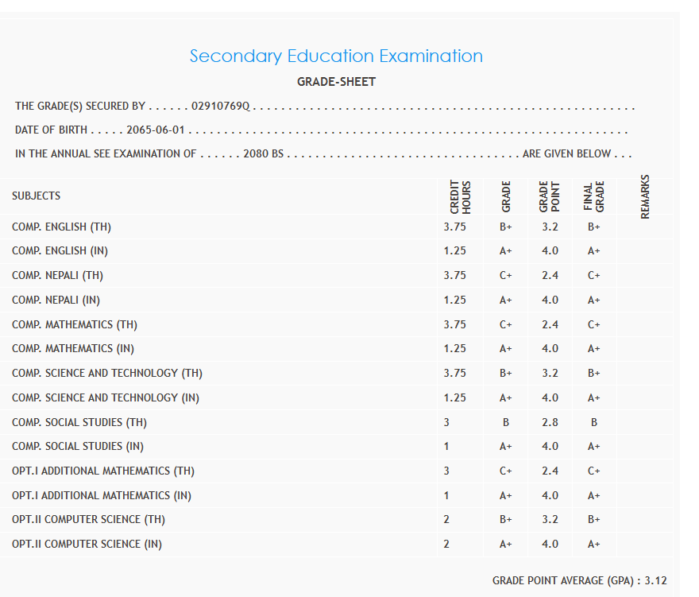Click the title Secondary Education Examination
336,56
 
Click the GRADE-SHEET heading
336,82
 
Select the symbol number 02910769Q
221,107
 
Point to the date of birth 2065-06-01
156,130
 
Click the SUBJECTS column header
37,196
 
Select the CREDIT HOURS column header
461,196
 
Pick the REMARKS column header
645,196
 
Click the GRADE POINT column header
550,196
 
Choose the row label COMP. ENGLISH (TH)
61,227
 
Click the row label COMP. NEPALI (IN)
56,300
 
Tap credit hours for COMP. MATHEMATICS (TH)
455,324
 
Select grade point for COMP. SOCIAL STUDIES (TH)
550,422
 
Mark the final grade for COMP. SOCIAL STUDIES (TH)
594,422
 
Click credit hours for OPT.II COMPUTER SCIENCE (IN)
446,544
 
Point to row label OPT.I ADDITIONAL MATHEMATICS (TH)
103,471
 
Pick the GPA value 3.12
656,580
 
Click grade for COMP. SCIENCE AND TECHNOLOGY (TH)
506,373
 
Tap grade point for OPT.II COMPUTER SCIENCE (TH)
550,519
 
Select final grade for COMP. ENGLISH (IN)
594,250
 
